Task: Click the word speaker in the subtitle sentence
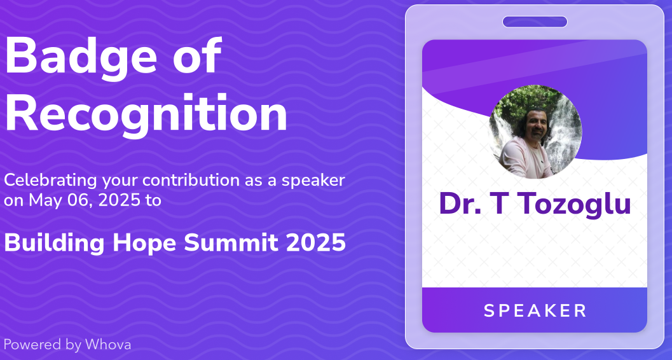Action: coord(313,181)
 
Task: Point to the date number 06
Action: coord(79,200)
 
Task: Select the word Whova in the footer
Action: coord(108,345)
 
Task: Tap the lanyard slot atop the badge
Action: coord(535,22)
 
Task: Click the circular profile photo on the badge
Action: coord(535,132)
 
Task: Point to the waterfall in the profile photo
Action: coord(565,133)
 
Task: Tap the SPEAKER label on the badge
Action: coord(535,311)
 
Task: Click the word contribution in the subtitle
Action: coord(191,181)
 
